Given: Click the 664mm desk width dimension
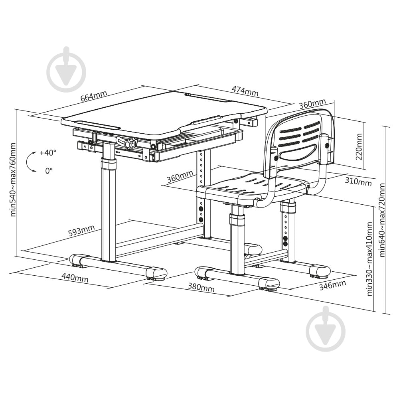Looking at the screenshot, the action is point(94,96).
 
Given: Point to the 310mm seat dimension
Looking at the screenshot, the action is point(358,182).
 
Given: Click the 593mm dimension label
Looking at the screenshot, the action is point(81,231).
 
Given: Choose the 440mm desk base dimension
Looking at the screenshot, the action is point(75,278).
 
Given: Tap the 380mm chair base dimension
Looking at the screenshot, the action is point(201,288).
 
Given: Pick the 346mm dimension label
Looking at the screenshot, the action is point(333,285).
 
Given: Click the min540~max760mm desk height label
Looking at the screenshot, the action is point(13,180).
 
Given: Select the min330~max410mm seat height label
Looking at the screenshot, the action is point(369,259).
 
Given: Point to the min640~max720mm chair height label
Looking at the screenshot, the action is point(382,220).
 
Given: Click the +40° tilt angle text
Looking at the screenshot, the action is point(48,153).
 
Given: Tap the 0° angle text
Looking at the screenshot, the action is point(49,170).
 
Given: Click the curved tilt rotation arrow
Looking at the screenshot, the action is point(28,162).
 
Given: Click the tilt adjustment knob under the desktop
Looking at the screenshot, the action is point(131,143).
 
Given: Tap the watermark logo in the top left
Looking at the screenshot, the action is point(66,69).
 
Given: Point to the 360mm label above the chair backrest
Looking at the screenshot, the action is point(312,104).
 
